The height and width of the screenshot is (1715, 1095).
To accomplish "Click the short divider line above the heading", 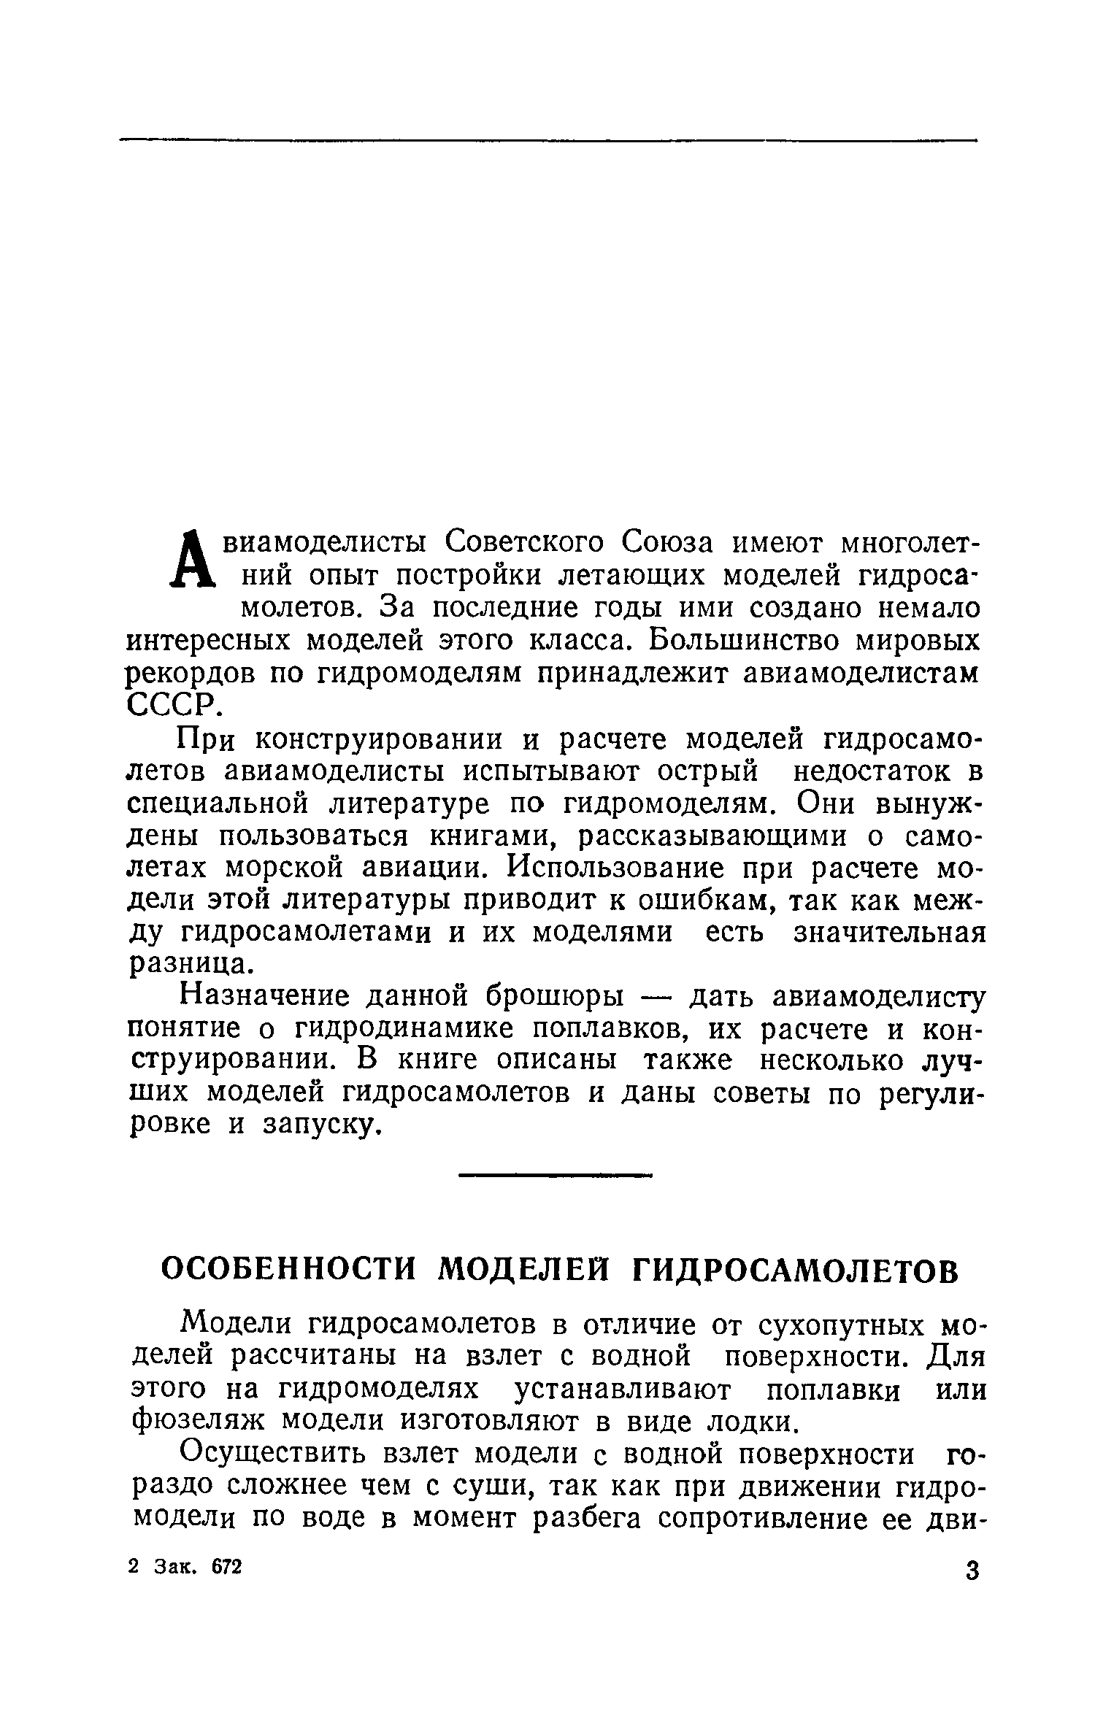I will [x=554, y=1176].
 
